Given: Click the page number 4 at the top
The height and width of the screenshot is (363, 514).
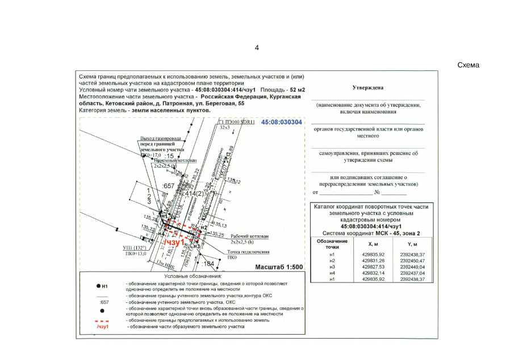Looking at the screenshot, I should tap(257, 48).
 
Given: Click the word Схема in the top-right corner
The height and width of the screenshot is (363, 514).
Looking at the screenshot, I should tap(468, 65).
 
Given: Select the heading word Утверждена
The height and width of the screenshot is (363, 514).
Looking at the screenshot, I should tap(367, 88).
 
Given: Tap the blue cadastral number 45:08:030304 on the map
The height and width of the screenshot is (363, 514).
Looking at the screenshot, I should tap(282, 123).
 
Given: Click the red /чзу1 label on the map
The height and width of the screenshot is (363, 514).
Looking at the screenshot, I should tap(174, 242).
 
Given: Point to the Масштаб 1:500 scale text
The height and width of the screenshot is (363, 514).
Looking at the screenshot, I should tap(279, 267).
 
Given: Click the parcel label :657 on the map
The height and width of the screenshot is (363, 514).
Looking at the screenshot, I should tap(168, 185).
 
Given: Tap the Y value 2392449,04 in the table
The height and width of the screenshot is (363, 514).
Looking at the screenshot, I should tap(411, 267).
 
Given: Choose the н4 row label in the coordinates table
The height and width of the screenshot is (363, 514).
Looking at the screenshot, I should tap(332, 273).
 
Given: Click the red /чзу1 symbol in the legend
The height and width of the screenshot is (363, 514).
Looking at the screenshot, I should tap(102, 327).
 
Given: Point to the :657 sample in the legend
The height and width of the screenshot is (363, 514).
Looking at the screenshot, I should tap(104, 302).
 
